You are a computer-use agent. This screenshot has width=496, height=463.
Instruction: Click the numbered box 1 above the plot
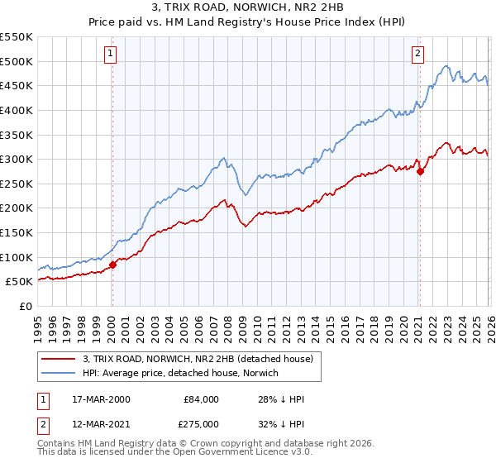pos(111,55)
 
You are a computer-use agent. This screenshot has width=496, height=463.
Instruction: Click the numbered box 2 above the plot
pos(417,55)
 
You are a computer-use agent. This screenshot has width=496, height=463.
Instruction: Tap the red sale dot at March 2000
pos(113,265)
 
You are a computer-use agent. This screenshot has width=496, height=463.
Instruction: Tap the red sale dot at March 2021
pos(420,171)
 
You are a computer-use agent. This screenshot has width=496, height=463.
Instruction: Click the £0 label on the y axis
pos(26,306)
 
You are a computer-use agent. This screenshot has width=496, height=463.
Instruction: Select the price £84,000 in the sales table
pos(202,399)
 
